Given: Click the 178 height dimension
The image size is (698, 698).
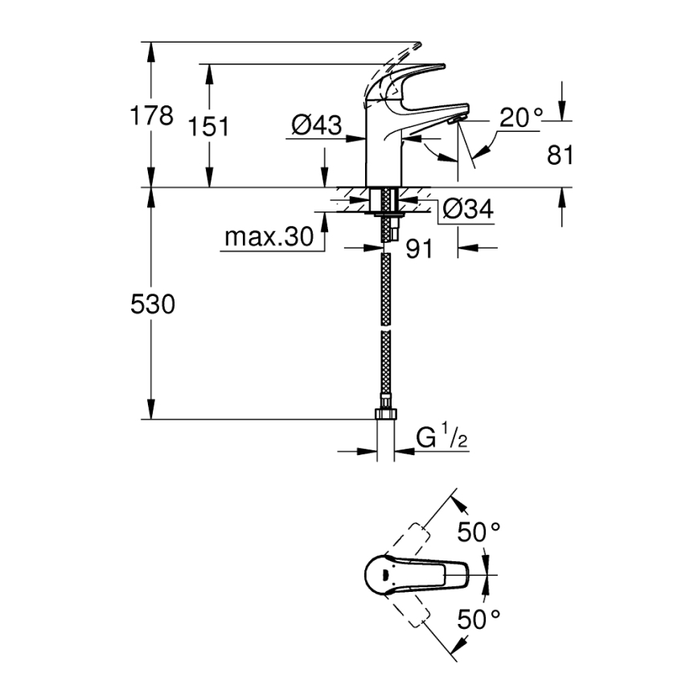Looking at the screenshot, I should [152, 117].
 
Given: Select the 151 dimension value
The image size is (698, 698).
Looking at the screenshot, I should [210, 127].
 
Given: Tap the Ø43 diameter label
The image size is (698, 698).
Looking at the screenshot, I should [316, 125].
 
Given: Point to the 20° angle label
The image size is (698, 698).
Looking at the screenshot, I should [520, 118].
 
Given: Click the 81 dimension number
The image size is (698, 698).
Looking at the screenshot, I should [560, 155].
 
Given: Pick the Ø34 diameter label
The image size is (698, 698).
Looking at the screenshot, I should [467, 211].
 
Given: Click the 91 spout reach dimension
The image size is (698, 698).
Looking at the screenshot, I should [419, 250].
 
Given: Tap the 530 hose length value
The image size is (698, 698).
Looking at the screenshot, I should [152, 306].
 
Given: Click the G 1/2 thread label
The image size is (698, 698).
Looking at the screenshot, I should [441, 439].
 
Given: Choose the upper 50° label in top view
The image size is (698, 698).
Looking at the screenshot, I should [479, 531].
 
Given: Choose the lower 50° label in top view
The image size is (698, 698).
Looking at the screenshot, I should [479, 618].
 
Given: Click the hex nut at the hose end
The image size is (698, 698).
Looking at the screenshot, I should [385, 416].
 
